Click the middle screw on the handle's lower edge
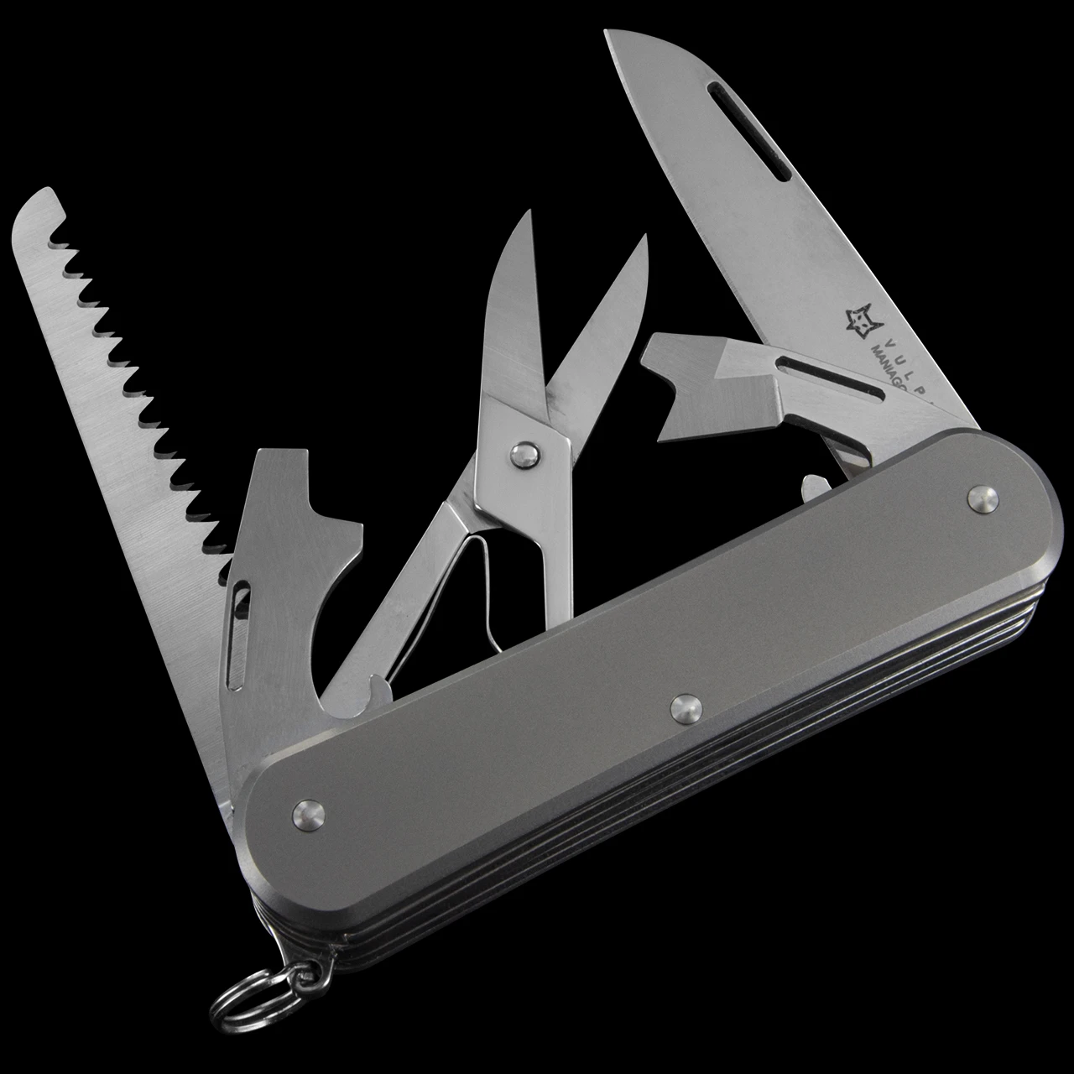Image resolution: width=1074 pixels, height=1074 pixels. point(686,708)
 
